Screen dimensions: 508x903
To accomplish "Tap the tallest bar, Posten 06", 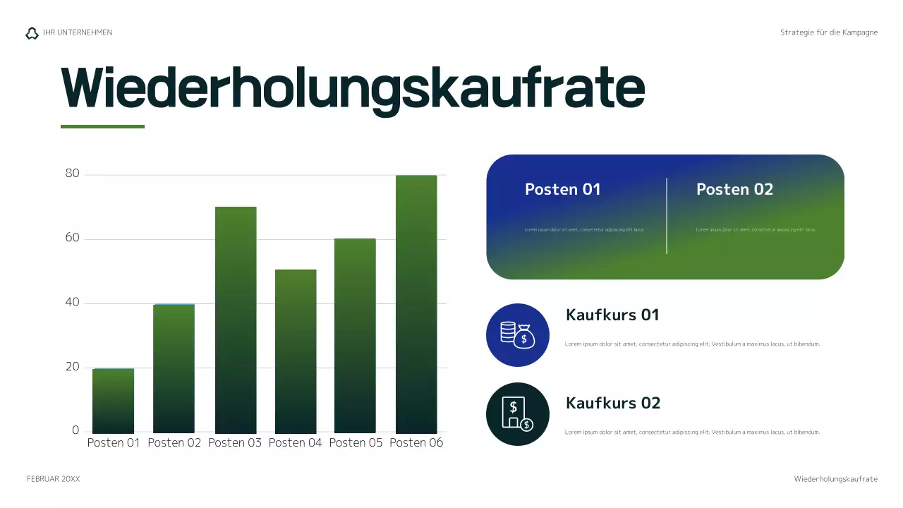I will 416,304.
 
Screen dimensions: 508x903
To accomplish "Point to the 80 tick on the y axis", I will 72,174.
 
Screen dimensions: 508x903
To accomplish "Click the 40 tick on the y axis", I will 72,303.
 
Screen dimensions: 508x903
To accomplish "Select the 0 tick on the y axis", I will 75,430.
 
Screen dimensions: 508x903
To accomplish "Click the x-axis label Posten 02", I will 174,443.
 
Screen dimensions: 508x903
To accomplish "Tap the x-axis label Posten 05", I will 356,443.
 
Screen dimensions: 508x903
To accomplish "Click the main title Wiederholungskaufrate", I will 353,88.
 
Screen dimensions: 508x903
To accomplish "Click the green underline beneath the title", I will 102,127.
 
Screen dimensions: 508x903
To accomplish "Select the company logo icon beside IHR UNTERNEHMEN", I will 32,33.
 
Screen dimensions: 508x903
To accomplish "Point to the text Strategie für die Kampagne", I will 829,32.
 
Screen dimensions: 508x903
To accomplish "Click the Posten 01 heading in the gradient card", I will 562,189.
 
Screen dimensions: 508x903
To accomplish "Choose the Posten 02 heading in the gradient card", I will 734,189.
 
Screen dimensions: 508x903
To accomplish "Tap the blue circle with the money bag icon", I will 518,335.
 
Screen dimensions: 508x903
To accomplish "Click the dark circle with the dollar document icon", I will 518,414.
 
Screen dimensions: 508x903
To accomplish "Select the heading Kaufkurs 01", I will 612,315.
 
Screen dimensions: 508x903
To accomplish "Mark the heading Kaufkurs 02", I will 613,404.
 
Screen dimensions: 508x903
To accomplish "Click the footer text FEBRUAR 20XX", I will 54,479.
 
